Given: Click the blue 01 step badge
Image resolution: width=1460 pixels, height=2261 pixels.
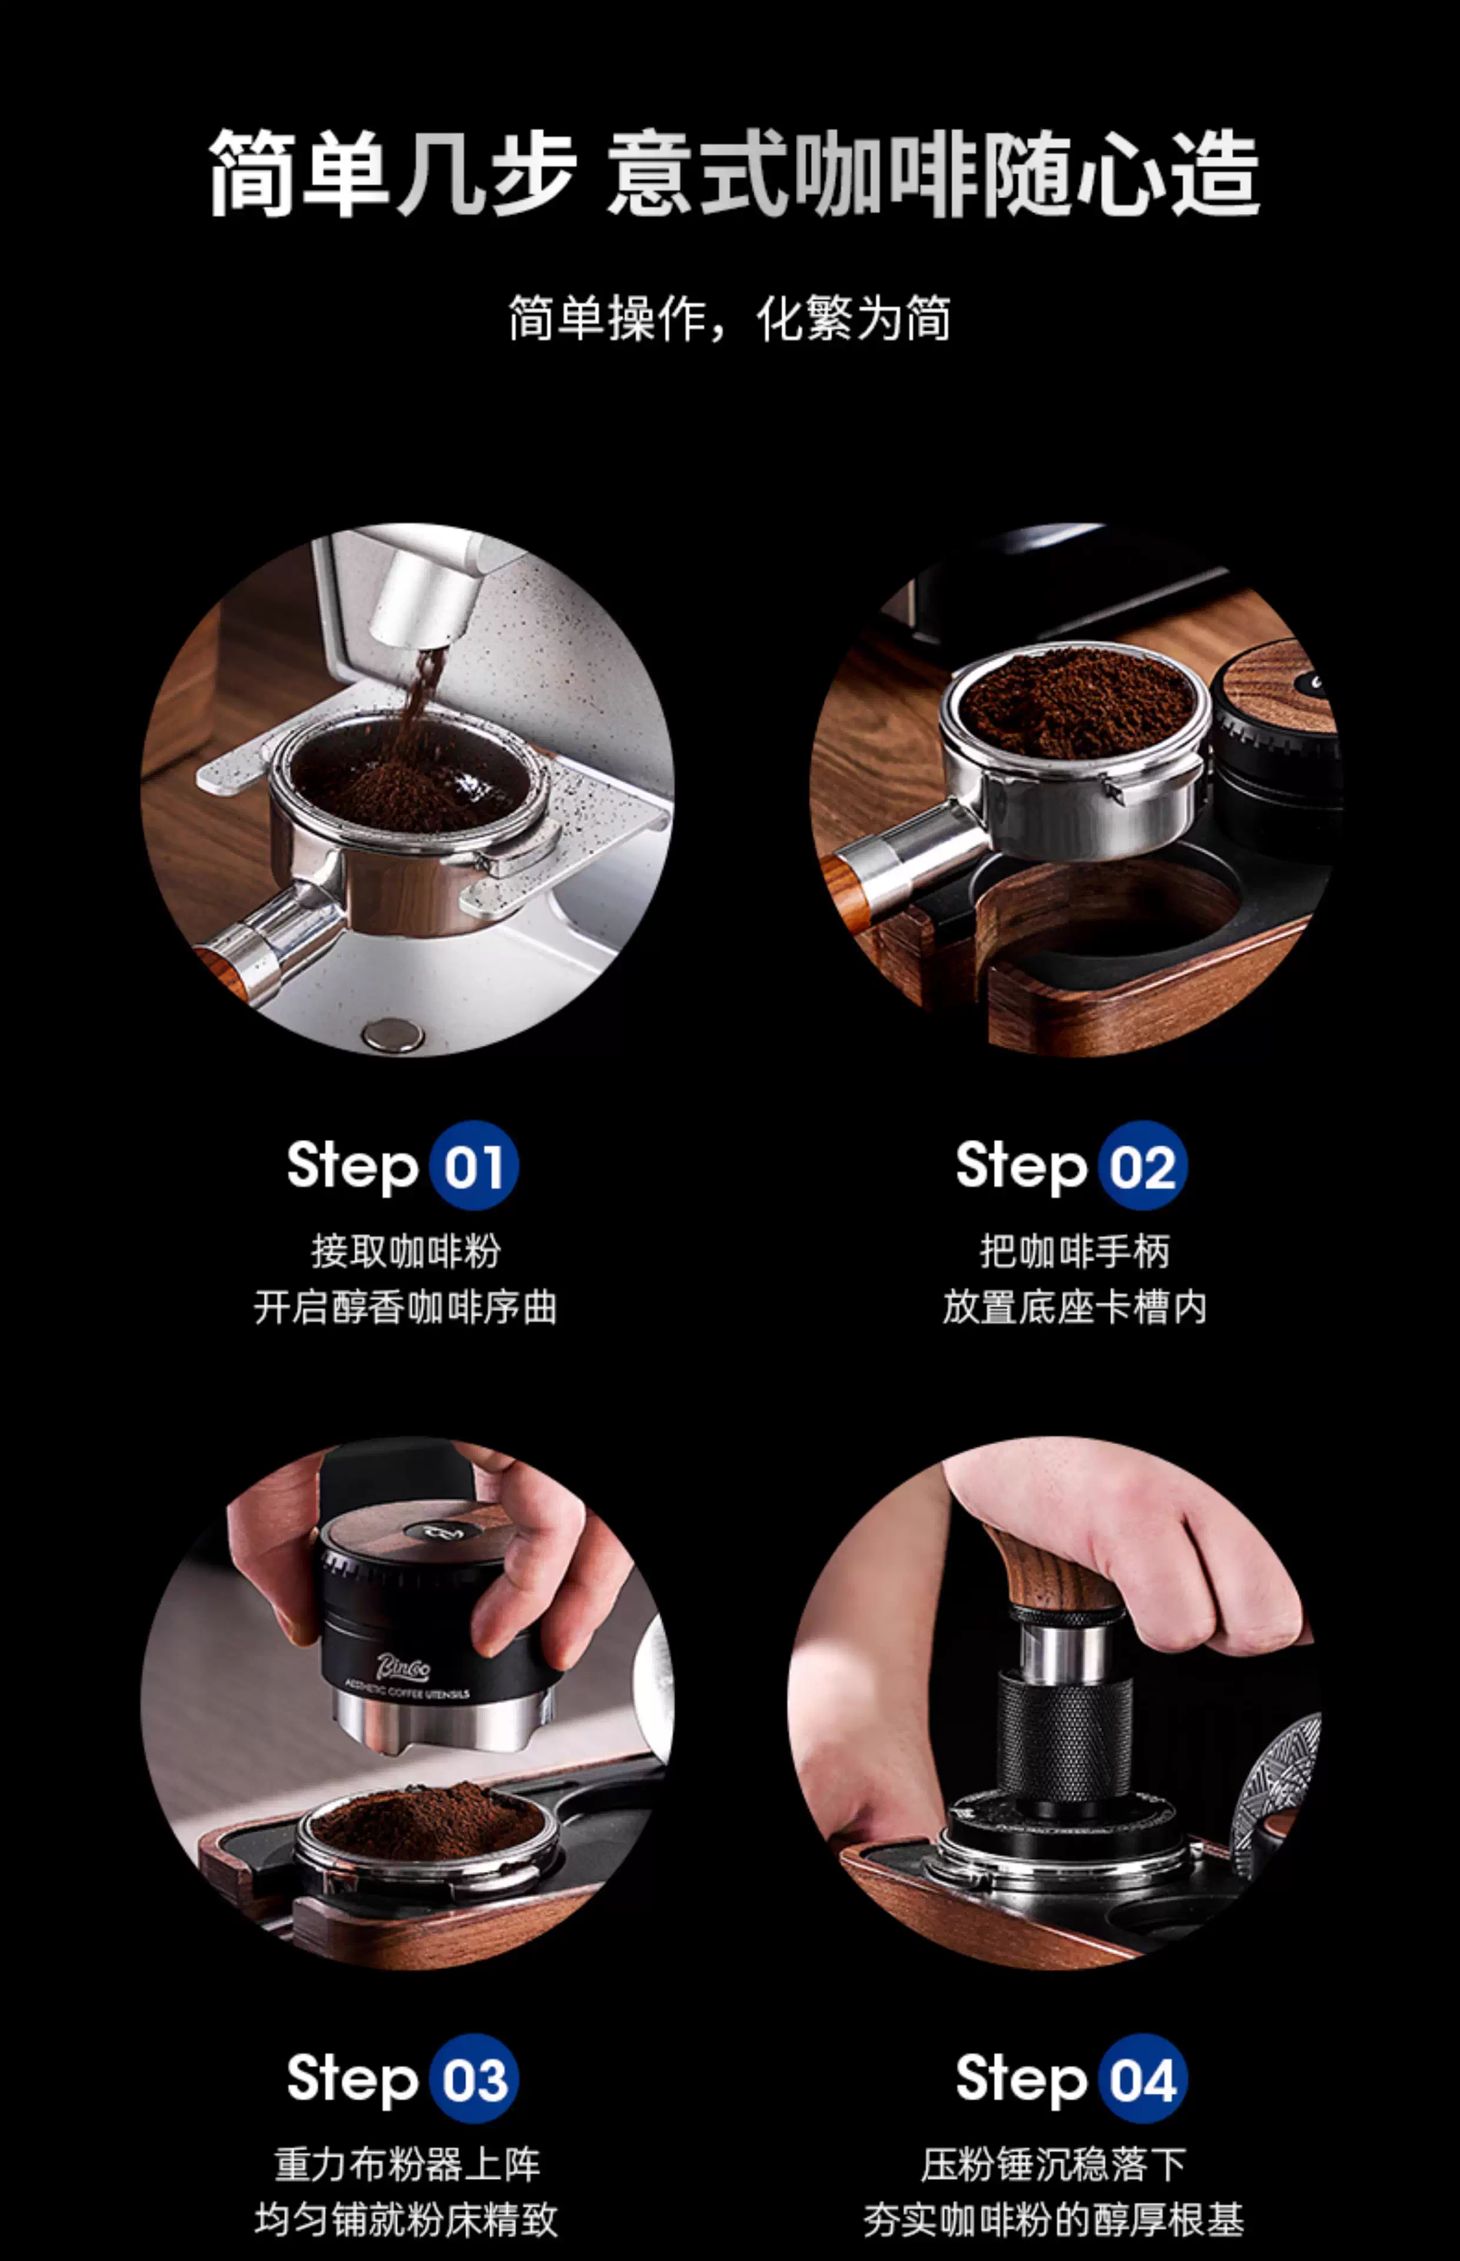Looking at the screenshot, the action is (473, 1165).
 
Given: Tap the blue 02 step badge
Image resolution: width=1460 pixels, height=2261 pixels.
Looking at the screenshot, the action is (1143, 1165).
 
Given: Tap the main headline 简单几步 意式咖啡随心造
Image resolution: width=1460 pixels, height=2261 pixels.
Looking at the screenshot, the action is (733, 174).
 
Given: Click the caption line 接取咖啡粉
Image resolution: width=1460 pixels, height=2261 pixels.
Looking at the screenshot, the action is (406, 1251).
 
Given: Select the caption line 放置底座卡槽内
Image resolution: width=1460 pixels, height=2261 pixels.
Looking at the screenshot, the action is (1074, 1307).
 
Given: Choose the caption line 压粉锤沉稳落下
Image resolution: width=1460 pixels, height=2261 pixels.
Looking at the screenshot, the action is (1053, 2164).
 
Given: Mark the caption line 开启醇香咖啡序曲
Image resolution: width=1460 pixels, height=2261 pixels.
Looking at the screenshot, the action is (406, 1307).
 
